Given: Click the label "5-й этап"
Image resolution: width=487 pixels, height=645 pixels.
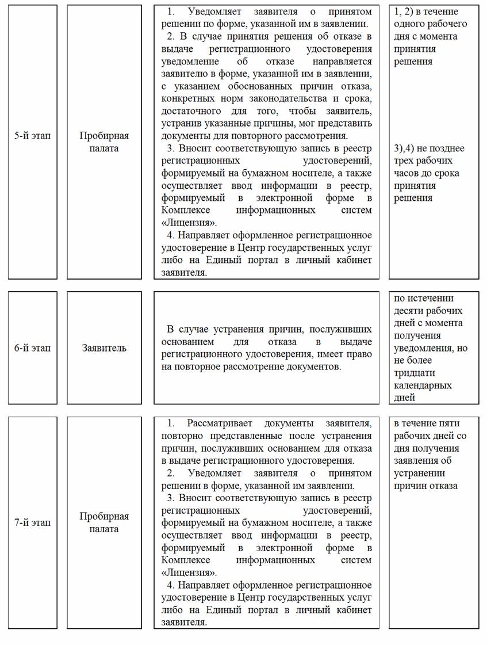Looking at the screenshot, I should click(32, 136).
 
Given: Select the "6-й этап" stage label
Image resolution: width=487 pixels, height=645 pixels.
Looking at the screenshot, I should click(32, 348).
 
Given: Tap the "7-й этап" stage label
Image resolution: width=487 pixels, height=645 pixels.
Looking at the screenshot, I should click(32, 522).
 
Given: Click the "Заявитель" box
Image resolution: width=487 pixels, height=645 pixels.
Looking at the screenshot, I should click(104, 348).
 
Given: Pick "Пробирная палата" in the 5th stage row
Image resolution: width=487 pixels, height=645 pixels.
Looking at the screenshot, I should click(104, 142).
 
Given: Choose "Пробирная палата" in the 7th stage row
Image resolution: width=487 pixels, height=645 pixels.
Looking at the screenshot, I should click(104, 522).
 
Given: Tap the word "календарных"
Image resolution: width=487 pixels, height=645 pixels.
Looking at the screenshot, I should click(423, 386).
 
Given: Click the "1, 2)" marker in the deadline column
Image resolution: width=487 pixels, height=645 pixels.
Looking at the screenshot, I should click(407, 12).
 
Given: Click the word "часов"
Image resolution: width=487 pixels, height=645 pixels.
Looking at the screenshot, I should click(407, 173).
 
